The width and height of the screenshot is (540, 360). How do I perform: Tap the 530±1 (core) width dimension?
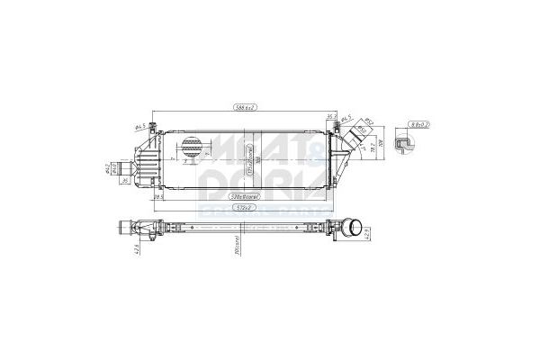tap(241, 194)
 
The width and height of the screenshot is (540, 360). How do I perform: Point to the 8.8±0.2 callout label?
tap(418, 122)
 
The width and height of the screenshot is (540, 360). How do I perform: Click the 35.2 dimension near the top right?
tap(331, 116)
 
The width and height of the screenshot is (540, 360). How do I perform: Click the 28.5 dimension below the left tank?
tap(158, 195)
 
